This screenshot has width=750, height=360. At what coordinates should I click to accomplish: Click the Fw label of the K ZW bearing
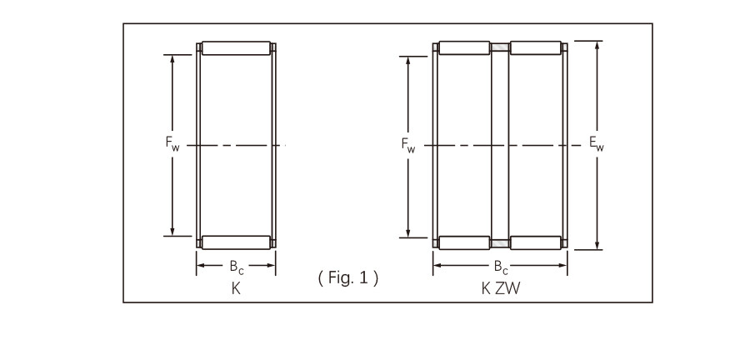pos(408,145)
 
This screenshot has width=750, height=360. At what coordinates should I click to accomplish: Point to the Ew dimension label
pos(597,143)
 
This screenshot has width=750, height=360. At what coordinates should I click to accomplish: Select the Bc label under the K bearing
pos(236,267)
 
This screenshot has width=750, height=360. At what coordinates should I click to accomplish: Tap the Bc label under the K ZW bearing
pos(501,267)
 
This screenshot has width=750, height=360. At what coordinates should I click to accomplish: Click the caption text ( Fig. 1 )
pos(348,278)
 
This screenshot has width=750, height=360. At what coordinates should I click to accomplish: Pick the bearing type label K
pos(236,287)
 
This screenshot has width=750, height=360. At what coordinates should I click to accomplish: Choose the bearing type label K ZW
pos(500,287)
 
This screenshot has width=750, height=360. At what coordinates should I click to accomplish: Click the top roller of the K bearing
pos(237,48)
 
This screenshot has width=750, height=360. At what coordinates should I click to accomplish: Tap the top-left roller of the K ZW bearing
pos(464,47)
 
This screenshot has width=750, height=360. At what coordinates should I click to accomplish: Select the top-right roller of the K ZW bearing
pos(535,47)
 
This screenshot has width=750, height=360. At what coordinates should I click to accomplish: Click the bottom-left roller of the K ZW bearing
pos(464,242)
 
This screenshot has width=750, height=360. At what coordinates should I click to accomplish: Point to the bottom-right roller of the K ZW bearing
pos(535,242)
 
